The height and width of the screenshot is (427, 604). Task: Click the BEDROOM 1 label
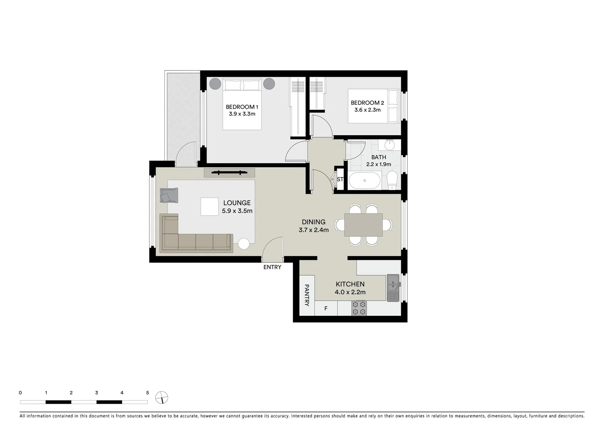[x=242, y=107]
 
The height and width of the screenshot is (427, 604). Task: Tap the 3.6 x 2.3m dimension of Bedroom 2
[x=367, y=110]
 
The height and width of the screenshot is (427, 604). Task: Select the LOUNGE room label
[x=237, y=203]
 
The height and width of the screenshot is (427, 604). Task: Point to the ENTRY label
[x=272, y=267]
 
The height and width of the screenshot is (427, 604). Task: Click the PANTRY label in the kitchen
[x=307, y=296]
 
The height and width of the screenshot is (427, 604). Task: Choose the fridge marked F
[x=326, y=308]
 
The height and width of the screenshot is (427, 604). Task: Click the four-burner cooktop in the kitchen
[x=359, y=308]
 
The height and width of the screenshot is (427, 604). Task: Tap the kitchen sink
[x=393, y=287]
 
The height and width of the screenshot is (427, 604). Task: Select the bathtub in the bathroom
[x=365, y=181]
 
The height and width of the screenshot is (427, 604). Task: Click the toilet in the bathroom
[x=392, y=181]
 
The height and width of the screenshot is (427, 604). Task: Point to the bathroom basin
[x=389, y=145]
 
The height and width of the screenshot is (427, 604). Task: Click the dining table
[x=363, y=225]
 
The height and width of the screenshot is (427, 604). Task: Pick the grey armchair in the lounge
[x=169, y=195]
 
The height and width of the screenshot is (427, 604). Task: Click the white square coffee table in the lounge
[x=209, y=207]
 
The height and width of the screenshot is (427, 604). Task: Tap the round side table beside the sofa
[x=244, y=244]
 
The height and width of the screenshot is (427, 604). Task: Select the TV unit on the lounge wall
[x=229, y=172]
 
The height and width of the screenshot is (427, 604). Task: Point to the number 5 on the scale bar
[x=147, y=393]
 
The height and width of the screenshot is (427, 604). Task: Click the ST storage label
[x=340, y=179]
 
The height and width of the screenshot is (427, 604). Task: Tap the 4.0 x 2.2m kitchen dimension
[x=350, y=293]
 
